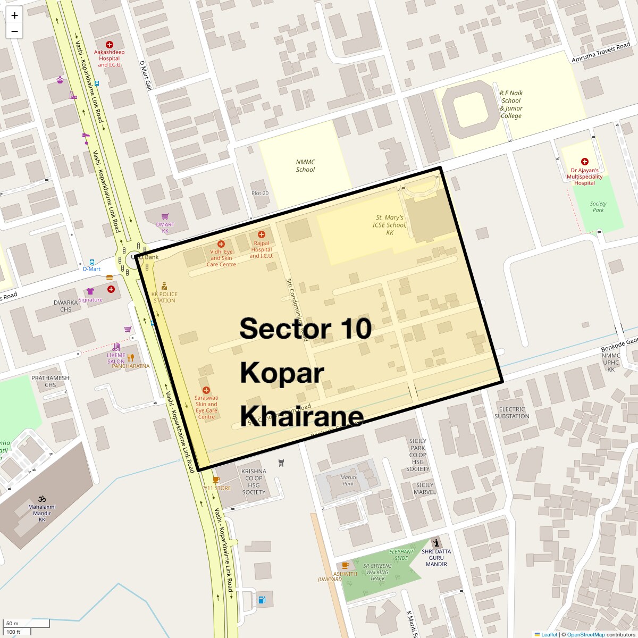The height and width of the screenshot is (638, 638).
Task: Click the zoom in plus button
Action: tap(14, 15)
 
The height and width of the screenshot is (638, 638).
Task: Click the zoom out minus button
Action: tap(14, 31)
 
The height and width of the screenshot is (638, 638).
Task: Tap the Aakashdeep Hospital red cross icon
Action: tap(110, 45)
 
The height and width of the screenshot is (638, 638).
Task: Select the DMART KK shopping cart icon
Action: tap(165, 217)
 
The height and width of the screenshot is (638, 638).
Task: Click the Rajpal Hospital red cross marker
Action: tap(261, 234)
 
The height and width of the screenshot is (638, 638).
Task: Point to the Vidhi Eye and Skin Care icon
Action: tap(221, 244)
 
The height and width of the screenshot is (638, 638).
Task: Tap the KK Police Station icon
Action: tap(164, 286)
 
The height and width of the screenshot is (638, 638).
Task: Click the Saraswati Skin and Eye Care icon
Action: tap(206, 390)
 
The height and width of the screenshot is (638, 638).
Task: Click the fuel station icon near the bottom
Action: tap(261, 600)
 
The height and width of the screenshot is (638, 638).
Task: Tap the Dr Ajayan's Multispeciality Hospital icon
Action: tap(584, 161)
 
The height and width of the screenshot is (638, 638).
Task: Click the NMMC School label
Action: tap(305, 166)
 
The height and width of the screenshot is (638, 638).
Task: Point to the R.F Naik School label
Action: tap(510, 104)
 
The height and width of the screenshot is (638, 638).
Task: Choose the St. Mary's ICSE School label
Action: tap(390, 225)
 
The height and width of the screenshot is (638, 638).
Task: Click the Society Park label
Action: tap(598, 207)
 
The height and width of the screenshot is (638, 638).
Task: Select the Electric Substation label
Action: tap(511, 413)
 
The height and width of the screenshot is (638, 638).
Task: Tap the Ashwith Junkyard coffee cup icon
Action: tap(345, 565)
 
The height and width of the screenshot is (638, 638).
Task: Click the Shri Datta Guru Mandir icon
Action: tap(436, 543)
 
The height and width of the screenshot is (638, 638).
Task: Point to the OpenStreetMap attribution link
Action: tap(585, 634)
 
